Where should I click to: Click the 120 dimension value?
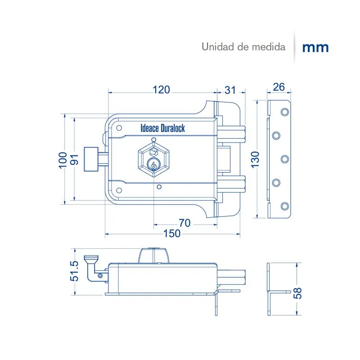pos(161,90)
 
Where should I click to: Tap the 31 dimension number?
pos(230,90)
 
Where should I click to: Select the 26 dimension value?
pos(279,87)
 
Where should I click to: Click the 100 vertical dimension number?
pos(63,160)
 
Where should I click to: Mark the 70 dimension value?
pos(185,222)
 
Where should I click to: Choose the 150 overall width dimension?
pos(171,233)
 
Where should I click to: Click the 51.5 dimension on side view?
pos(75,271)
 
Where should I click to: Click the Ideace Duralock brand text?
pos(162,129)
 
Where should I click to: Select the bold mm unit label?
pos(315,48)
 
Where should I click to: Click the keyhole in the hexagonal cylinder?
pos(153,165)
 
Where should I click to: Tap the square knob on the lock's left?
pos(91,159)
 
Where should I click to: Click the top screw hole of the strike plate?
pos(284,112)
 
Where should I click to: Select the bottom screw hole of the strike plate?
pos(284,206)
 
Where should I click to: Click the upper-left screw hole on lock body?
pos(119,128)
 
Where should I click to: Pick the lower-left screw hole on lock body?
pos(119,190)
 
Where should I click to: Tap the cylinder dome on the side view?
pos(153,256)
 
